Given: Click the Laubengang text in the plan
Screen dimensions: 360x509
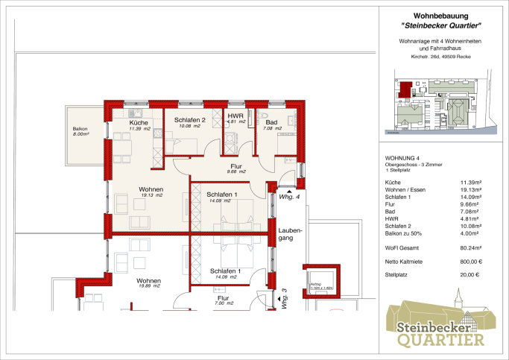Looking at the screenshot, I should coord(291,236).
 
